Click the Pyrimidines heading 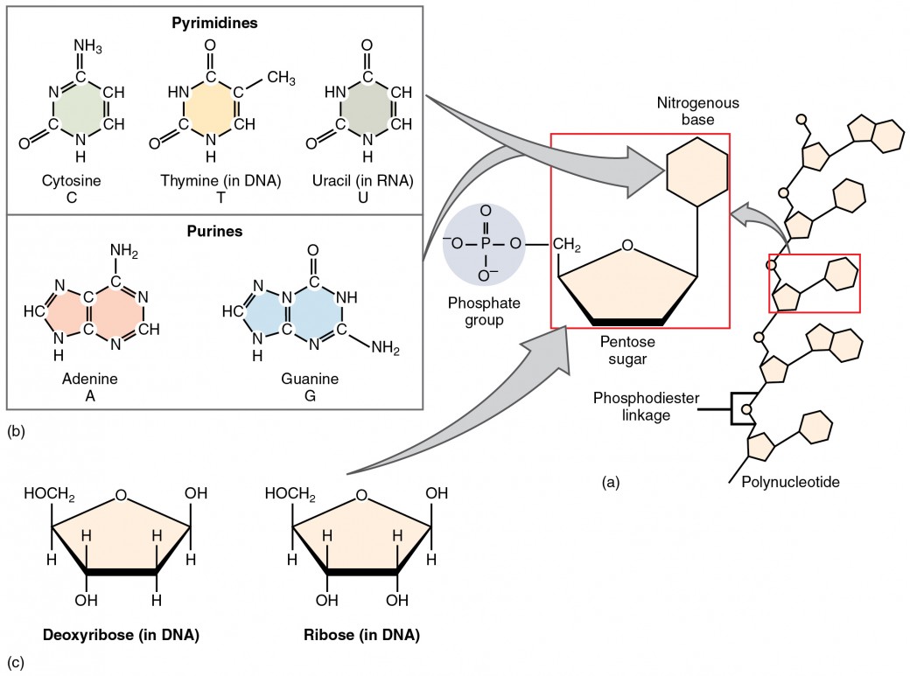214,24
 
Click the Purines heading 214,232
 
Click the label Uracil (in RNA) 362,182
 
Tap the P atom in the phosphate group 486,242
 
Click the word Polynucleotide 790,482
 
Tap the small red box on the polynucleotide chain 814,282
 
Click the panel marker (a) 610,481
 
